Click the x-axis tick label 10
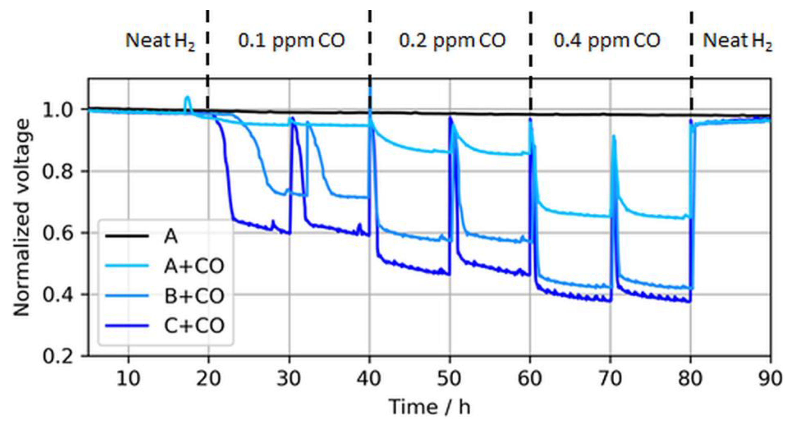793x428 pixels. (128, 378)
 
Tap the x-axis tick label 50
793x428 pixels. (449, 378)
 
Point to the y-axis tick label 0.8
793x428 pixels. (57, 171)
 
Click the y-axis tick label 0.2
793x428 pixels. (57, 357)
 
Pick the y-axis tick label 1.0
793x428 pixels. (57, 110)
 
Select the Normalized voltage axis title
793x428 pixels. (22, 217)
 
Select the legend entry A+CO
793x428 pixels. (194, 266)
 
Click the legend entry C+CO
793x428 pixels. (194, 326)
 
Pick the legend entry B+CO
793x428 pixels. (194, 296)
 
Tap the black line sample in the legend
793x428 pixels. (127, 236)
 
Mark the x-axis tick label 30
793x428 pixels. (289, 378)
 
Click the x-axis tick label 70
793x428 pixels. (610, 378)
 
